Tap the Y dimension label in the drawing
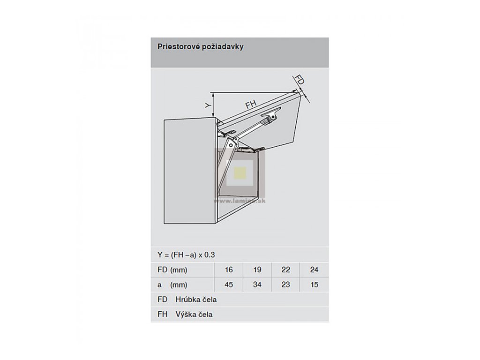click(x=207, y=106)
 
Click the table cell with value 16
click(x=228, y=270)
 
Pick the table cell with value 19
click(x=257, y=270)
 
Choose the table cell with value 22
click(x=286, y=270)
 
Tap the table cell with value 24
click(x=314, y=270)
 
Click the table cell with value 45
click(x=228, y=284)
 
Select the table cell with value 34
click(x=257, y=284)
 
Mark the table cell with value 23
click(x=286, y=284)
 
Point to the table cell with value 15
click(x=314, y=284)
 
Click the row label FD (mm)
click(x=172, y=270)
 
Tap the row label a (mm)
click(x=172, y=284)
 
